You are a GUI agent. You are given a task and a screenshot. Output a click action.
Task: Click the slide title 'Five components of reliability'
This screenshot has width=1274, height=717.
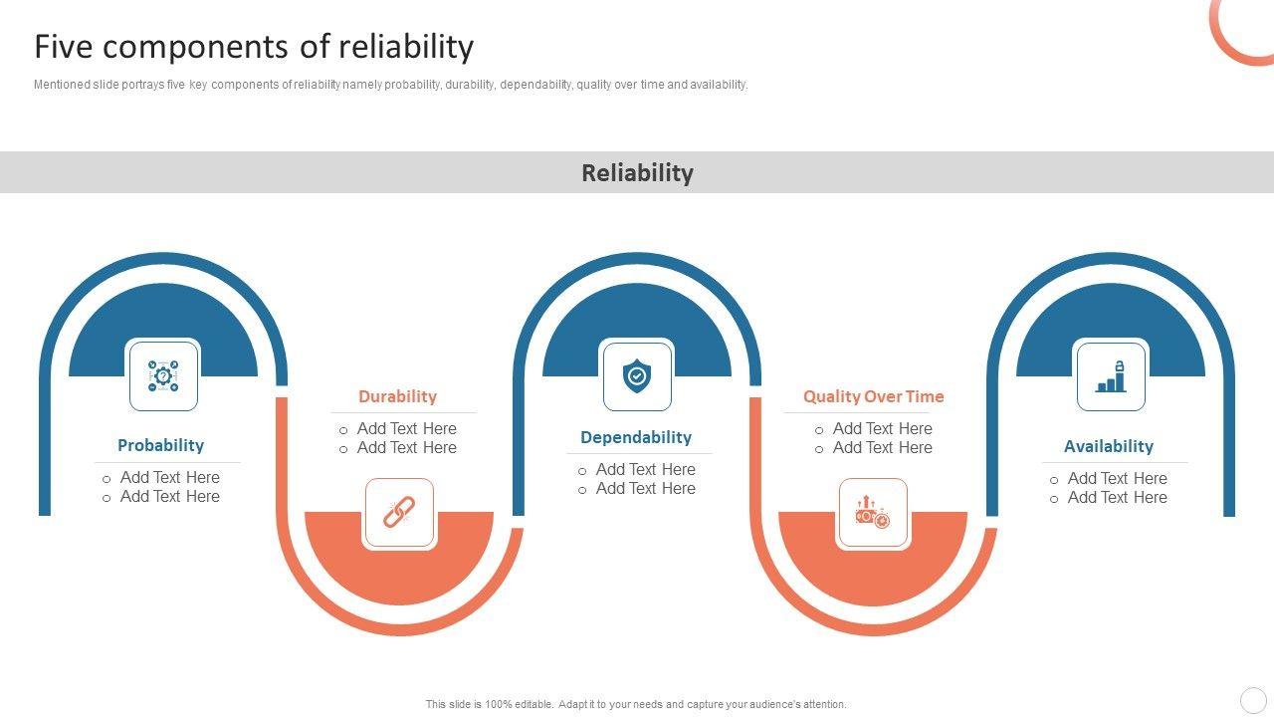coord(254,47)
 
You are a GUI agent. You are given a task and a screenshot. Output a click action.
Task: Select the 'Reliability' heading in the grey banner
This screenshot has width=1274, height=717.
coord(637,172)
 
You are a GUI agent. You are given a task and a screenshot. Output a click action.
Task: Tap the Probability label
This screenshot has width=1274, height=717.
coord(160,445)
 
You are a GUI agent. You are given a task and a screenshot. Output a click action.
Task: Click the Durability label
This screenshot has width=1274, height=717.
coord(397,396)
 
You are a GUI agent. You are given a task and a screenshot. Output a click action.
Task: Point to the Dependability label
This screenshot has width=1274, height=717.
coord(636,437)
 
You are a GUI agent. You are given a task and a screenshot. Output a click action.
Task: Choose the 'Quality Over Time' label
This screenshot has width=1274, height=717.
coord(873,396)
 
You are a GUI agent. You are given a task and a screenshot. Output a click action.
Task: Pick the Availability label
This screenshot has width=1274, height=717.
coord(1108,446)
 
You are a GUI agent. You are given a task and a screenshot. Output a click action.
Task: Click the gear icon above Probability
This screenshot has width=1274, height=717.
coord(163,375)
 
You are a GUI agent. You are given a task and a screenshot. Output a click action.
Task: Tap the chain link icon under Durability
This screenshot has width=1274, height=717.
coord(399,513)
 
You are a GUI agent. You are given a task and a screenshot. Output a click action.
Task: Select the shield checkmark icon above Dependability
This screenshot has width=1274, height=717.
coord(637,375)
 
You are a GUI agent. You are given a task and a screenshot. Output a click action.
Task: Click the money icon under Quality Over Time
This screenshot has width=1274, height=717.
coord(873,513)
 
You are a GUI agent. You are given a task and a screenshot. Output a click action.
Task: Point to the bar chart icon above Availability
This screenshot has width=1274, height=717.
coord(1111,375)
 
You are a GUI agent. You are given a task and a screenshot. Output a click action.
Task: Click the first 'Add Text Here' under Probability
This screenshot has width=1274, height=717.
coord(169,477)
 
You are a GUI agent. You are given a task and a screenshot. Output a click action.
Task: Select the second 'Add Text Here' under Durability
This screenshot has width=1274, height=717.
coord(406,448)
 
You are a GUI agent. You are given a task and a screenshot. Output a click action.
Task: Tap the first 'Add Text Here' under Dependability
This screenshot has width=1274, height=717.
coord(645,469)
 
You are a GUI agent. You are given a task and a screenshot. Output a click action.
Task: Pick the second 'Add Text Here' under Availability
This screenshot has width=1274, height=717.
coord(1117,497)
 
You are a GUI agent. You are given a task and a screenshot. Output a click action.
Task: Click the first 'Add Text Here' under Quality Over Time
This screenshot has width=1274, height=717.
coord(882,428)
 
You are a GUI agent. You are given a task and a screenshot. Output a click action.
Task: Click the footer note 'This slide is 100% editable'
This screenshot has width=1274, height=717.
coord(636,704)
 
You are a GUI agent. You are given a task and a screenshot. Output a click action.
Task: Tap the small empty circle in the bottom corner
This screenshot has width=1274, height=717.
coord(1252,700)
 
